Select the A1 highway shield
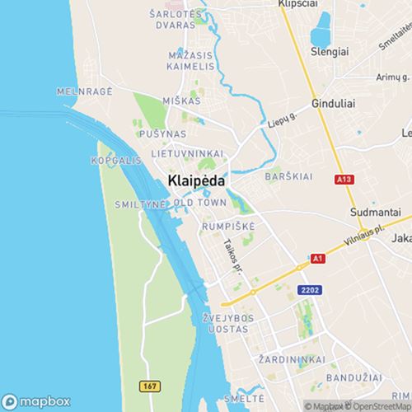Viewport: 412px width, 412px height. [x=316, y=258]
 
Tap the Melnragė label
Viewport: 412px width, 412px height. [x=83, y=91]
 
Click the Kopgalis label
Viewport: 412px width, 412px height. [x=115, y=160]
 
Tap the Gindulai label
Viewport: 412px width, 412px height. [x=334, y=105]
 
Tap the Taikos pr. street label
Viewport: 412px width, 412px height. [x=233, y=255]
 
